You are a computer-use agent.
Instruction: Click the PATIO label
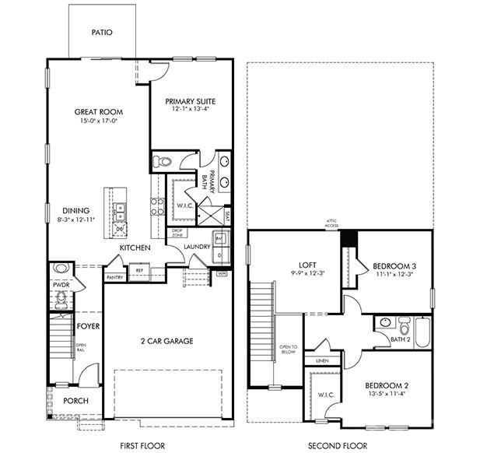pyautogui.click(x=102, y=33)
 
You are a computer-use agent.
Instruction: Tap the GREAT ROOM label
pyautogui.click(x=99, y=112)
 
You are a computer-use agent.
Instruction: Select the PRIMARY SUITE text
pyautogui.click(x=191, y=101)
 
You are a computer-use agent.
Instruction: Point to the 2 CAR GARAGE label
pyautogui.click(x=166, y=341)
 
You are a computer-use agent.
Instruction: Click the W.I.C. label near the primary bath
pyautogui.click(x=184, y=206)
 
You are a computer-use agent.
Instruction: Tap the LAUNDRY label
pyautogui.click(x=197, y=248)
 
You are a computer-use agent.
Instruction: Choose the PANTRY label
pyautogui.click(x=114, y=277)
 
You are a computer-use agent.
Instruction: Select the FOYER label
pyautogui.click(x=88, y=326)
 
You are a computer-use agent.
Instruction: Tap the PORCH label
pyautogui.click(x=75, y=401)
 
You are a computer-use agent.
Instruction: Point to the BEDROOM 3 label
pyautogui.click(x=393, y=265)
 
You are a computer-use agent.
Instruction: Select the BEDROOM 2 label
pyautogui.click(x=387, y=385)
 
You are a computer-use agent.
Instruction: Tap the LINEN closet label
pyautogui.click(x=321, y=360)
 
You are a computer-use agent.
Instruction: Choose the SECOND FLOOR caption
pyautogui.click(x=338, y=446)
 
